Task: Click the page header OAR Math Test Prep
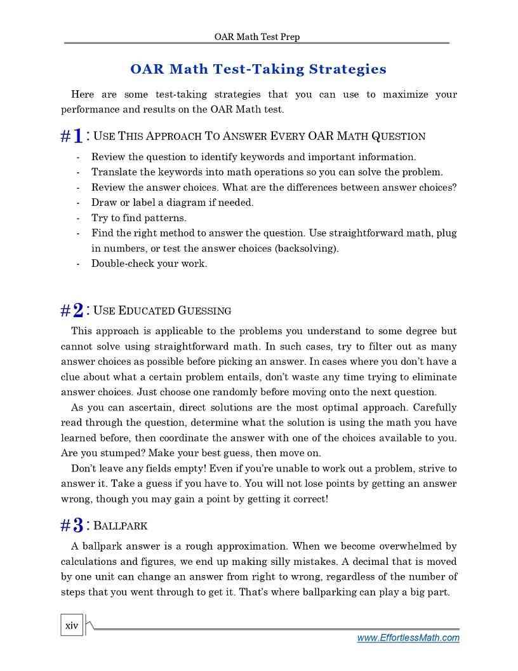[x=257, y=37]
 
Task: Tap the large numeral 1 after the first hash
[x=77, y=137]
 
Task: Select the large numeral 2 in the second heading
[x=77, y=311]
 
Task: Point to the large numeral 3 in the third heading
[x=77, y=525]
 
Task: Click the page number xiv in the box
[x=72, y=626]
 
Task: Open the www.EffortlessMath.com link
[x=408, y=638]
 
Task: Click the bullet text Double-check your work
[x=149, y=264]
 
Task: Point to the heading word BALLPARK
[x=121, y=526]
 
